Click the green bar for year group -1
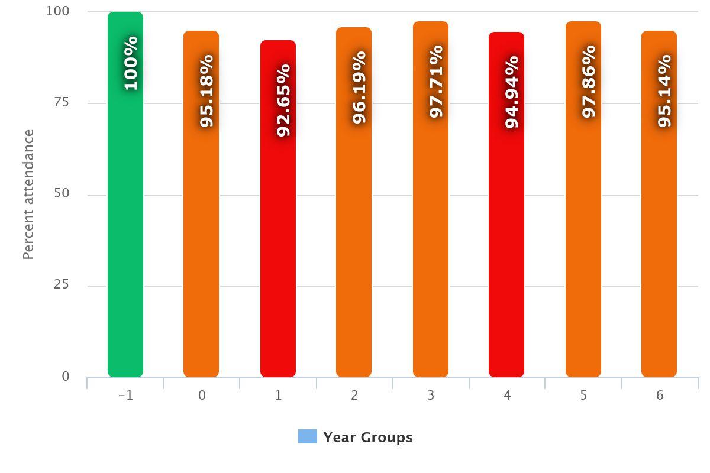125,237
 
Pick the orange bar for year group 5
583,237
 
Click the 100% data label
131,63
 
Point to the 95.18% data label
206,91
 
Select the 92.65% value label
283,101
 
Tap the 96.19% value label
359,88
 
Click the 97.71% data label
436,82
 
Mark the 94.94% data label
512,92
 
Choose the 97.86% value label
589,82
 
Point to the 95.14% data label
664,91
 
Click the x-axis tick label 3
431,396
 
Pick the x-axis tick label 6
660,396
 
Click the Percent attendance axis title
28,195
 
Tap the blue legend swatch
308,437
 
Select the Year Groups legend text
368,438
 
